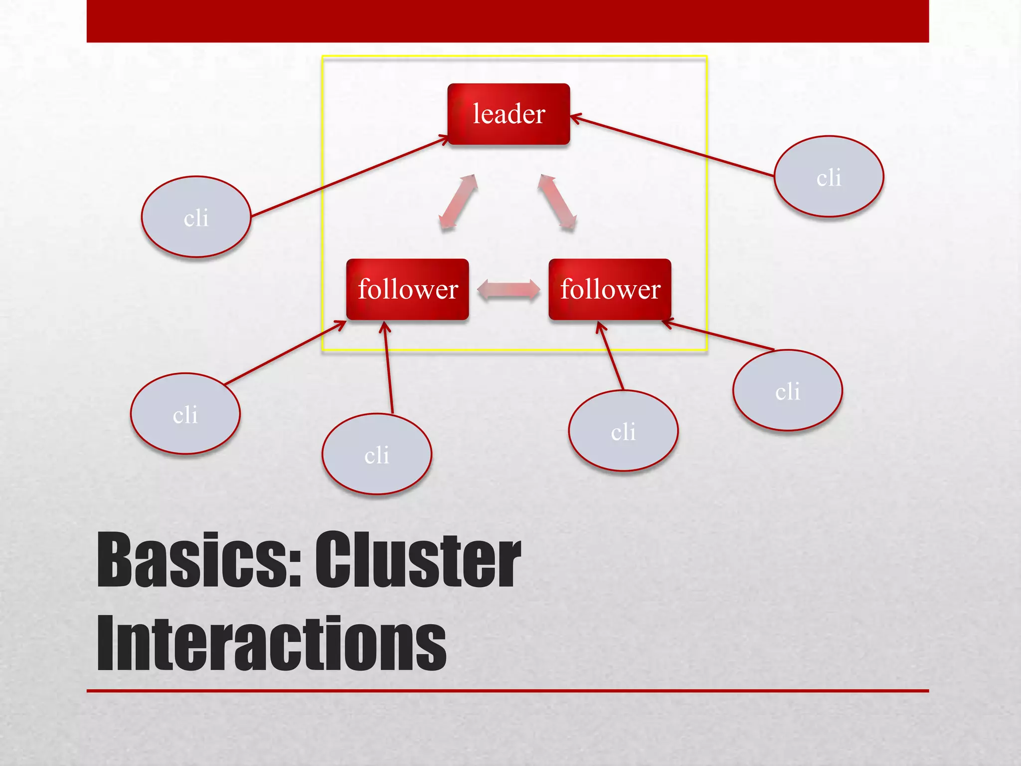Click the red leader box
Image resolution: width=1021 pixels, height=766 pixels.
pyautogui.click(x=509, y=114)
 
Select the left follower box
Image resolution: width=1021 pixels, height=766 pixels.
pyautogui.click(x=407, y=289)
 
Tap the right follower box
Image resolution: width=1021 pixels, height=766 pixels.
pyautogui.click(x=610, y=289)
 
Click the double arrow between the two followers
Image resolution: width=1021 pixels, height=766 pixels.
pyautogui.click(x=509, y=290)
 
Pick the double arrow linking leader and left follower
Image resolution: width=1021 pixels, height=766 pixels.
pyautogui.click(x=458, y=202)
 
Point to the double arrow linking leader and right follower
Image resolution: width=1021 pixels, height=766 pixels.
pyautogui.click(x=557, y=202)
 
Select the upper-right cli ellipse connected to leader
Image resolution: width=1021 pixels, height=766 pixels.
pyautogui.click(x=829, y=177)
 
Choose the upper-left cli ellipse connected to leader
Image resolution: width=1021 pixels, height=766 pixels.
pyautogui.click(x=196, y=217)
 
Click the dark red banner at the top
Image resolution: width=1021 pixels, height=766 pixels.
pyautogui.click(x=508, y=21)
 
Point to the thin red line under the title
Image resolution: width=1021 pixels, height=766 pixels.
pyautogui.click(x=508, y=691)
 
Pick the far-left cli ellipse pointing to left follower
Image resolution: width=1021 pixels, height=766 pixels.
pyautogui.click(x=185, y=413)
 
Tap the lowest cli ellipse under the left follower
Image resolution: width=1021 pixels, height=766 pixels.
pyautogui.click(x=377, y=454)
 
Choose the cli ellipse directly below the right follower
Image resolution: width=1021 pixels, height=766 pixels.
pyautogui.click(x=623, y=430)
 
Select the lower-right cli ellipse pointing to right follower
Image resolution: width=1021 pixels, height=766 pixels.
pyautogui.click(x=788, y=390)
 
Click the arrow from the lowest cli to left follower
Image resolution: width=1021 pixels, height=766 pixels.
pyautogui.click(x=388, y=369)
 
